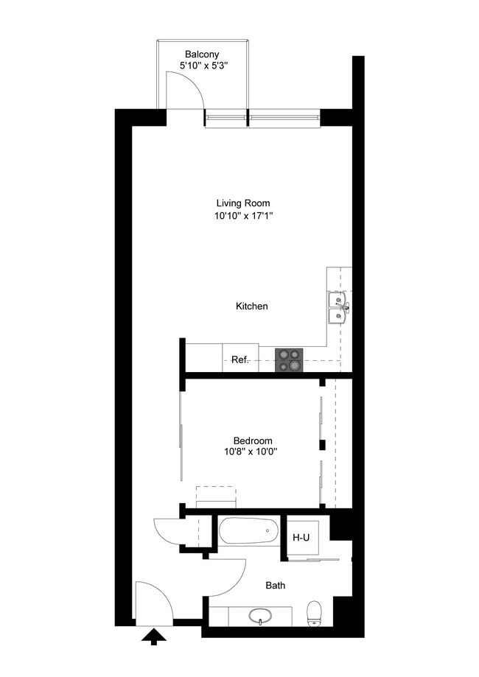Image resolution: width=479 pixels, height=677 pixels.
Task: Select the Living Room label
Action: (x=243, y=203)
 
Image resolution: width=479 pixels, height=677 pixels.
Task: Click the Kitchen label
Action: (x=251, y=306)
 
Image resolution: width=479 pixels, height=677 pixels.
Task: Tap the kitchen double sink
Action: (x=338, y=307)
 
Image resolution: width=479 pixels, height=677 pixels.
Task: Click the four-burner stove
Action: (x=290, y=359)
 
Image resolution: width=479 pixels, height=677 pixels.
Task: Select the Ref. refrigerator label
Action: (x=240, y=359)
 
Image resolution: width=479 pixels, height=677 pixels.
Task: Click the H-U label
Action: (x=301, y=537)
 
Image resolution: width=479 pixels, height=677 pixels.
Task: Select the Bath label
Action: (x=276, y=586)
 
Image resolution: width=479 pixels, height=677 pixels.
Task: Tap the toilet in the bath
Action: (x=315, y=614)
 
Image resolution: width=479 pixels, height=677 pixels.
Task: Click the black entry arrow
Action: (x=154, y=636)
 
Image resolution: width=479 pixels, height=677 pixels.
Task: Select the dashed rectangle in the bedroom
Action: (x=215, y=493)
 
